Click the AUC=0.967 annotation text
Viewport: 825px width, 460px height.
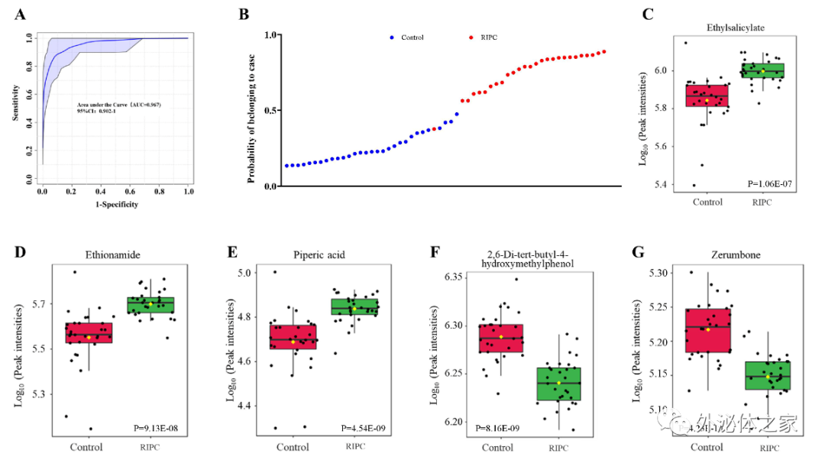pyautogui.click(x=118, y=104)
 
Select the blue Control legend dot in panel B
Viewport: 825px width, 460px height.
pyautogui.click(x=392, y=37)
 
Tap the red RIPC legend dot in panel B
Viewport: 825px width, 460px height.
pyautogui.click(x=471, y=37)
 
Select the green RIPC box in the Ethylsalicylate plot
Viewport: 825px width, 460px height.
pyautogui.click(x=762, y=70)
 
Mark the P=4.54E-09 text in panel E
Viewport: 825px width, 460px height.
pyautogui.click(x=367, y=428)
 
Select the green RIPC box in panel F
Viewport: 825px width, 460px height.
pyautogui.click(x=558, y=384)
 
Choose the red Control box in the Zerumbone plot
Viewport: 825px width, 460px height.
pyautogui.click(x=708, y=330)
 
